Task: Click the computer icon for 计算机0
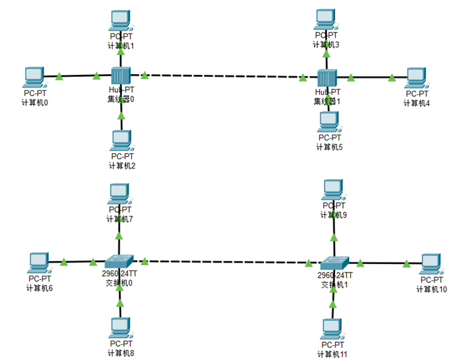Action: (33, 76)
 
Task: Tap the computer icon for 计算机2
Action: (121, 139)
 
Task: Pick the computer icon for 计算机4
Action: (417, 78)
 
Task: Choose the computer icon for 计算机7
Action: (119, 193)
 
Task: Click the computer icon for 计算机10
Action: (431, 263)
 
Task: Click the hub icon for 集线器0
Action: (121, 76)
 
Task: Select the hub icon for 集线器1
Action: (327, 78)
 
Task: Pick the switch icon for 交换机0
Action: (119, 261)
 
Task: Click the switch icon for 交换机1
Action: (334, 263)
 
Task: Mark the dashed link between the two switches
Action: (225, 261)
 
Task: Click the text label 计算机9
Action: (333, 215)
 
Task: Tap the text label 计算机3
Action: (326, 44)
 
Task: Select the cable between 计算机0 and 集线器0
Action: (76, 76)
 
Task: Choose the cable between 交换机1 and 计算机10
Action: (384, 263)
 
